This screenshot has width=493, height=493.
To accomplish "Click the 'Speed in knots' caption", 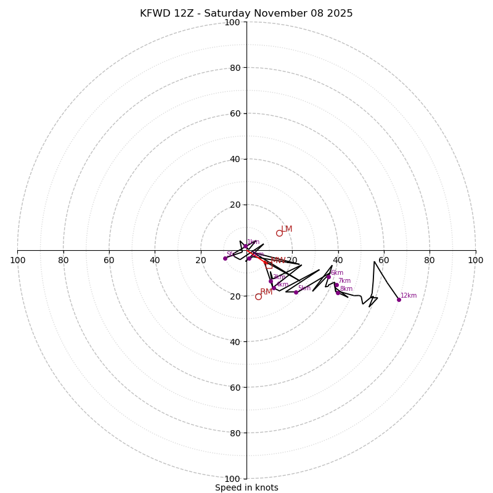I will [x=246, y=487].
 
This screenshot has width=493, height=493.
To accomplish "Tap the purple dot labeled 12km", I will [x=399, y=299].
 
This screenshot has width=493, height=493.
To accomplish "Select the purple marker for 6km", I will [x=328, y=277].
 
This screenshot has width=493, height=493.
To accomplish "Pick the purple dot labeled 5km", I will [x=296, y=292].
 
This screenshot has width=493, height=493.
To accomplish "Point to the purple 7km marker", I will [x=336, y=285].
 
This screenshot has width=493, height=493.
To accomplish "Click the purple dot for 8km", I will [x=338, y=293].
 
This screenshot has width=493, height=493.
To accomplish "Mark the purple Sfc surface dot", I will [x=225, y=258].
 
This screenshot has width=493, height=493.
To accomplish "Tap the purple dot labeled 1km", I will [x=245, y=246].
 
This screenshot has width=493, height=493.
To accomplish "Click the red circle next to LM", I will [x=279, y=233].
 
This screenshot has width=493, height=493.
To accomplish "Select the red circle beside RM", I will [x=258, y=296].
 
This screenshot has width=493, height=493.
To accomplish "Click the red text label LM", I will [x=287, y=229].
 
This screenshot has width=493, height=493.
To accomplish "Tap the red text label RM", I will [x=266, y=292].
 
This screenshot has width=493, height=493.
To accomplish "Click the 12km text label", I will [x=409, y=296].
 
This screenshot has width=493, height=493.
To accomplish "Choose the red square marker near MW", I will [x=269, y=265].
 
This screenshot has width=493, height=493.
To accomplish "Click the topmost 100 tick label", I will [x=232, y=22].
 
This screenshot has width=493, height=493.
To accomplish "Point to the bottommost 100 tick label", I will [x=232, y=479].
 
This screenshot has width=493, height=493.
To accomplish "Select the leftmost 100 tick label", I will [x=17, y=260].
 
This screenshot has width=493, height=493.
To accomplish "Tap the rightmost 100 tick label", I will [x=475, y=260].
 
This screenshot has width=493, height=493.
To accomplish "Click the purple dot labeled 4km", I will [x=274, y=288].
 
